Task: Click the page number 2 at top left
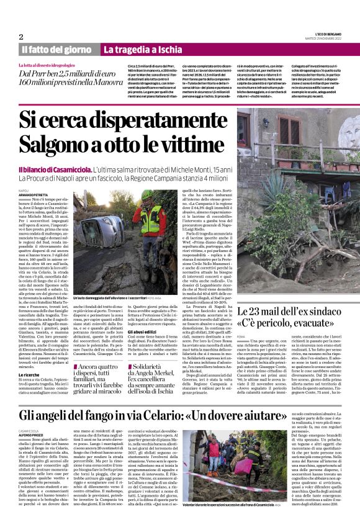click(21, 37)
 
